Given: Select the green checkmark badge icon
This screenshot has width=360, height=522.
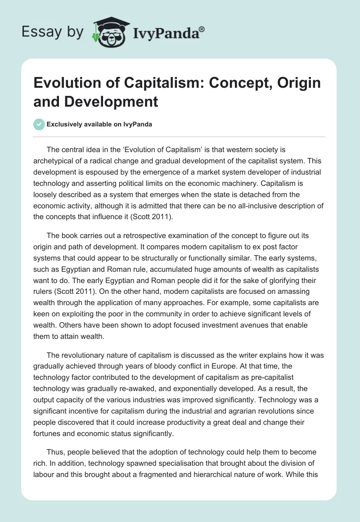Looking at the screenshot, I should [x=39, y=124].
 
